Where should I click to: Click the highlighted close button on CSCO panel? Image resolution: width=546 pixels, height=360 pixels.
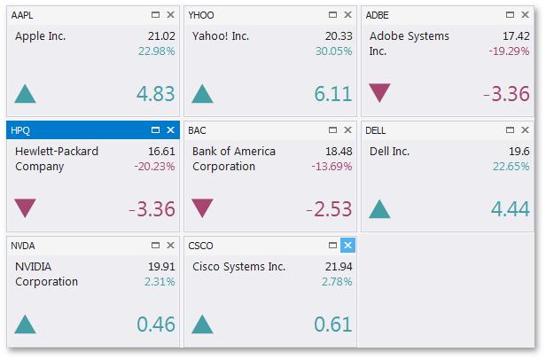[347, 246]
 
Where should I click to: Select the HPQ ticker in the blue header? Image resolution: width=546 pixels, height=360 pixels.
[20, 130]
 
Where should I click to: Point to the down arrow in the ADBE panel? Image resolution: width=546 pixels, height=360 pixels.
[379, 93]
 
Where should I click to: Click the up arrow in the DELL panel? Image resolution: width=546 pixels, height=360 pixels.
[379, 209]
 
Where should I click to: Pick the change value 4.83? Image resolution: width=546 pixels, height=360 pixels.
[155, 94]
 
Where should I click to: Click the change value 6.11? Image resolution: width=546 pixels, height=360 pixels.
[333, 94]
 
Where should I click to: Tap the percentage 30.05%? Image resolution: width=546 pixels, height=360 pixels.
[333, 51]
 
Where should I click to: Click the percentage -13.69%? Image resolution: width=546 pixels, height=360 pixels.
[331, 167]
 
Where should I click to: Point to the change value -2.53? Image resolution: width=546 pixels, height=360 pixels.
[329, 209]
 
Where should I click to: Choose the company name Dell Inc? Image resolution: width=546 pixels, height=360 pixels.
[389, 152]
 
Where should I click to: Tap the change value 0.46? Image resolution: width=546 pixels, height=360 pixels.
[156, 325]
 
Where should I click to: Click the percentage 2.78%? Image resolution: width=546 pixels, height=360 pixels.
[336, 282]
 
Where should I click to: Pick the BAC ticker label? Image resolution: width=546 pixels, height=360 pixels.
[198, 130]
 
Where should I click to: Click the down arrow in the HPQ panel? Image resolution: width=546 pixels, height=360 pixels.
[25, 208]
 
